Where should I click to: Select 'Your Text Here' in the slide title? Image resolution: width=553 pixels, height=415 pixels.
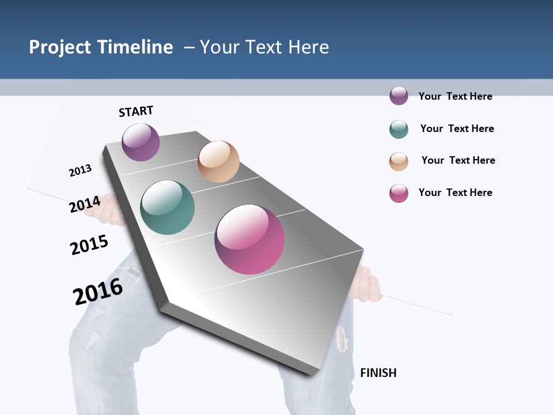(264, 47)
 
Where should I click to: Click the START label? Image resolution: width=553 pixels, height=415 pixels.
(136, 111)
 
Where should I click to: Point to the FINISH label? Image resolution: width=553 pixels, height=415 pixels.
(378, 373)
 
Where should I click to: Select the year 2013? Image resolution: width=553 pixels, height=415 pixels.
(80, 171)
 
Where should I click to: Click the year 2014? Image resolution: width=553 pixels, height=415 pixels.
(85, 204)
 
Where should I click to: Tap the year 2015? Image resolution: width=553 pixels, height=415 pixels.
(89, 245)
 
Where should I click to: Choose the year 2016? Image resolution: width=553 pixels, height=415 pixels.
(98, 292)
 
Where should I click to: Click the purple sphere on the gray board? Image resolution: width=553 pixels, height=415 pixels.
(141, 142)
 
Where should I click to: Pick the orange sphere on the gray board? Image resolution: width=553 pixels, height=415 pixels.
(218, 161)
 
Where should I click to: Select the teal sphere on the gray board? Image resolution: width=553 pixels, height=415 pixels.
(168, 207)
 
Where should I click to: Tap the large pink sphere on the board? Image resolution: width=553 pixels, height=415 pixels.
(249, 239)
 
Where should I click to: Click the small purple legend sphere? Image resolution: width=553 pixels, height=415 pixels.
(399, 96)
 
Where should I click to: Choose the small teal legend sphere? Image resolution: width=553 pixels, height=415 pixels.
(399, 129)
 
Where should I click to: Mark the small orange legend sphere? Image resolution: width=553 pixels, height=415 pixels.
(399, 161)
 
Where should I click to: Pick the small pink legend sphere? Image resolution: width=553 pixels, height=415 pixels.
(399, 193)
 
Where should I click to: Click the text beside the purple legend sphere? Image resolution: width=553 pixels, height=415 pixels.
(455, 96)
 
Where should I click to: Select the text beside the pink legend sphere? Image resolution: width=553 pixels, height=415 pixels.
(455, 193)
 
